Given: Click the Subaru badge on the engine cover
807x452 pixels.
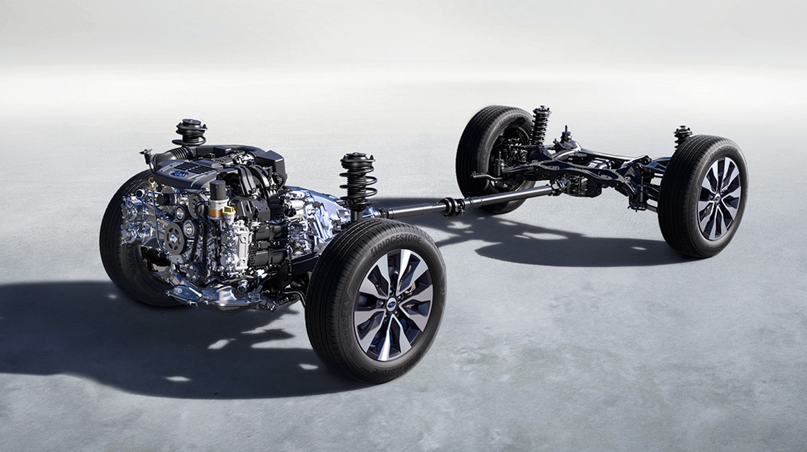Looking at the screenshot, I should point(180,172).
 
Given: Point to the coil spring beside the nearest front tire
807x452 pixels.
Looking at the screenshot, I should point(357,181).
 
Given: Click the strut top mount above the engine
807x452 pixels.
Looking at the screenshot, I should point(190,129).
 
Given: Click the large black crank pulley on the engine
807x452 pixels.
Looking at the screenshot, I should point(173,238).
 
